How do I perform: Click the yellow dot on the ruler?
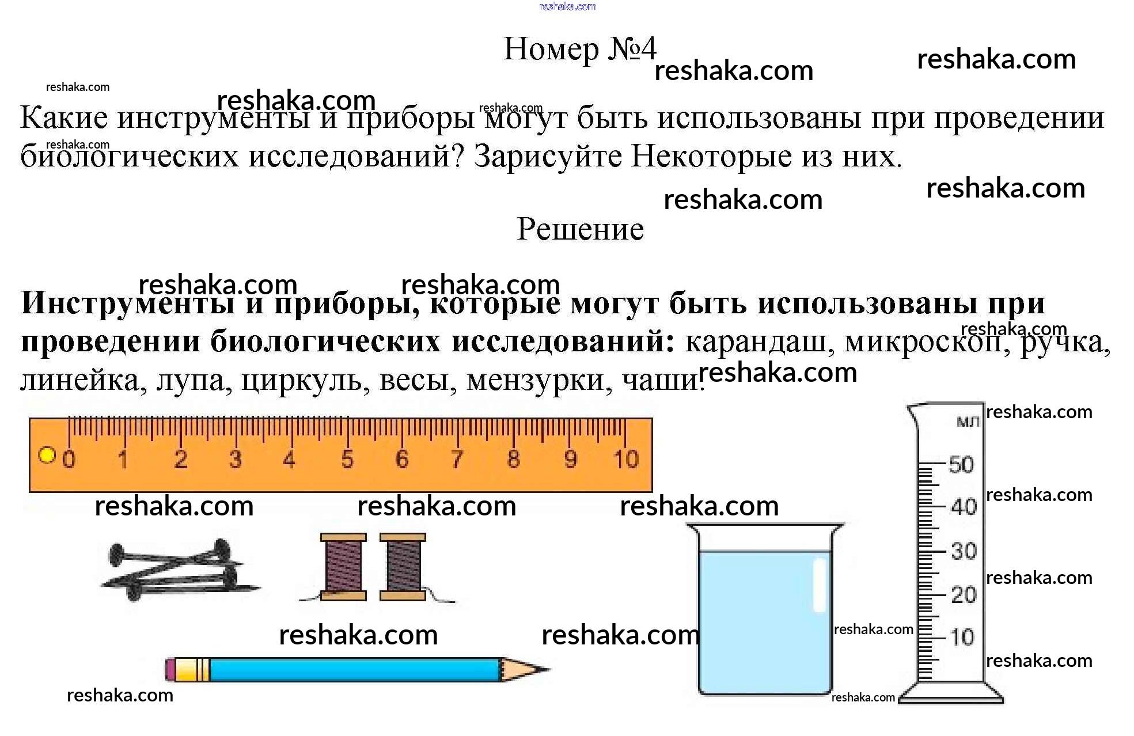coord(47,455)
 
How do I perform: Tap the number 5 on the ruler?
coord(347,460)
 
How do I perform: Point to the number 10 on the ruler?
coord(625,460)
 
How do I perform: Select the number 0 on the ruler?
coord(69,460)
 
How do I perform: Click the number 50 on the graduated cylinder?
coord(961,465)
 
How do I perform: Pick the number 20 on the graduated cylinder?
coord(963,595)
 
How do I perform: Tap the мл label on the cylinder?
coord(968,422)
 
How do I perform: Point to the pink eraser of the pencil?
coord(170,670)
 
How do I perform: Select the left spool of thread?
coord(343,567)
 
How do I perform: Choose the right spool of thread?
coord(403,567)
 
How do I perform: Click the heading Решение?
coord(580,229)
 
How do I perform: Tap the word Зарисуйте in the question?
coord(547,155)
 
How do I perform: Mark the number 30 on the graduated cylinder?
coord(963,551)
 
